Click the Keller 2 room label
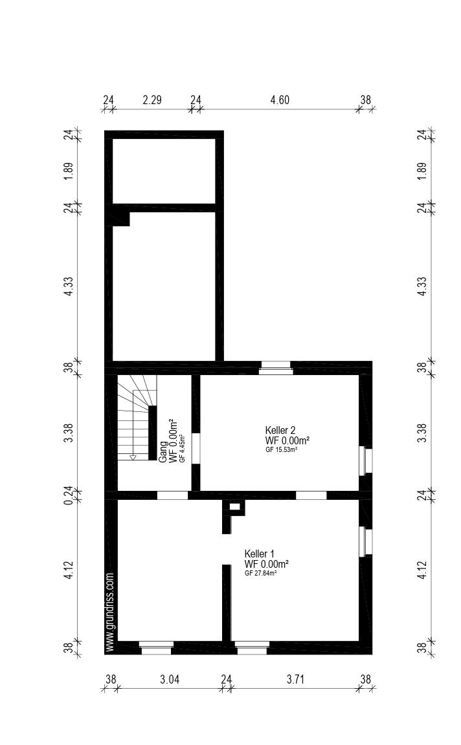click(x=280, y=431)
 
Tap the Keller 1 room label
click(x=259, y=554)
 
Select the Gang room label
click(x=163, y=452)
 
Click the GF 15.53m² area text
click(x=282, y=449)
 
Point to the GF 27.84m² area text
click(x=261, y=573)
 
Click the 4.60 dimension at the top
click(x=280, y=100)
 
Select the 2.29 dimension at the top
click(x=152, y=100)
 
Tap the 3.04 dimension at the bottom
click(x=170, y=680)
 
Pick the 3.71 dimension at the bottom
click(x=295, y=680)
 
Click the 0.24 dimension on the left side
click(x=69, y=495)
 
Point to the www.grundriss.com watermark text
click(x=109, y=612)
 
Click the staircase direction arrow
click(x=133, y=457)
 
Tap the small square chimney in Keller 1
click(x=234, y=507)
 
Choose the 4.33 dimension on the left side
click(x=69, y=286)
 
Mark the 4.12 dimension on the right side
click(x=422, y=570)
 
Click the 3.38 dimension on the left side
click(x=69, y=433)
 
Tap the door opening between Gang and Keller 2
click(x=196, y=448)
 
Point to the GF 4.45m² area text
click(x=182, y=449)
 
